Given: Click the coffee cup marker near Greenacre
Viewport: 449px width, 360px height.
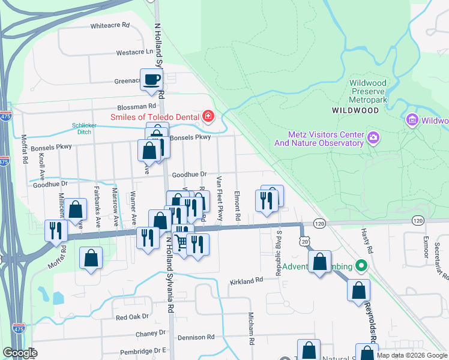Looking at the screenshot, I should click(152, 79).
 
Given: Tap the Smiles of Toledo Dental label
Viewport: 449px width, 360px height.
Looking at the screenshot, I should click(155, 116).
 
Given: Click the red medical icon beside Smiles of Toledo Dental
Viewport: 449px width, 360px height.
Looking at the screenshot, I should click(208, 116).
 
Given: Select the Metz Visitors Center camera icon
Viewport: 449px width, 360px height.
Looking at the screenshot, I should click(373, 139).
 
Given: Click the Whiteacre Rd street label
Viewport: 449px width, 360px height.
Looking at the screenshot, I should click(110, 26).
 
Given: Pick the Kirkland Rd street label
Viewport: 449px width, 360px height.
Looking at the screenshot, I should click(247, 280).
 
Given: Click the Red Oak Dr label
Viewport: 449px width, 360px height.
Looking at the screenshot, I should click(132, 317).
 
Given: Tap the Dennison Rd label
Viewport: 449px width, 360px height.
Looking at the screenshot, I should click(196, 337).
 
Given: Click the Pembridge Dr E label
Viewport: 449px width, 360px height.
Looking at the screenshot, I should click(142, 350).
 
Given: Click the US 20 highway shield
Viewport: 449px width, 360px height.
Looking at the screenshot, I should click(306, 241).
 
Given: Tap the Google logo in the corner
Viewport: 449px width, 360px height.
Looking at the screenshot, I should click(20, 353).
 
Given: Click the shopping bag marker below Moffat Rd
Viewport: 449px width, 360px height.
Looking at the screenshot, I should click(91, 259).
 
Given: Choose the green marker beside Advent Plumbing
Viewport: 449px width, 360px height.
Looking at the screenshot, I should click(361, 265).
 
